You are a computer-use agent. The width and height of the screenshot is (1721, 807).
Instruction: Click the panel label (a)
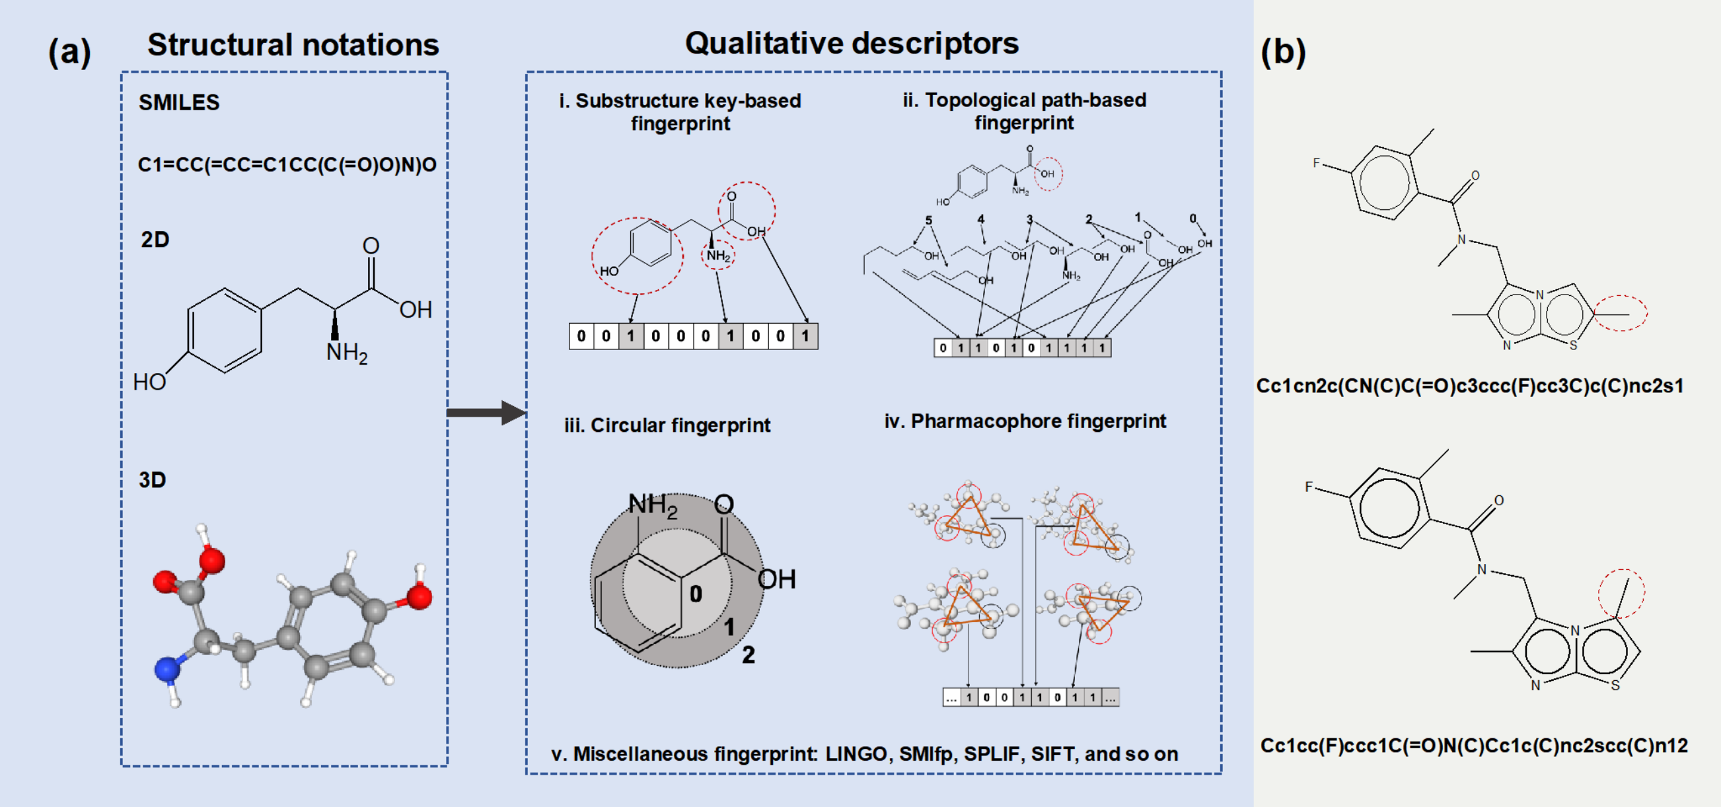point(69,52)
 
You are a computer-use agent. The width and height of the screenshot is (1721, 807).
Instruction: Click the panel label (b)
point(1283,52)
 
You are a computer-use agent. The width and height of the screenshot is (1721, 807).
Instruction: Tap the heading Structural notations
point(293,45)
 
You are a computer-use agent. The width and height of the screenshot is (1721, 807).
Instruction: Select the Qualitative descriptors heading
point(852,44)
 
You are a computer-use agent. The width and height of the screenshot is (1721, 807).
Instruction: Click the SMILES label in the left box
point(179,102)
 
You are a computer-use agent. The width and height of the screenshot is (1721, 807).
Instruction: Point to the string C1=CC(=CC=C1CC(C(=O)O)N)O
point(287,164)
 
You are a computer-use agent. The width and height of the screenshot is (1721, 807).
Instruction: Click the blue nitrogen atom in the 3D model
point(166,669)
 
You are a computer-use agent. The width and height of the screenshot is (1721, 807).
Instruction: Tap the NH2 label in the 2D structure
point(347,352)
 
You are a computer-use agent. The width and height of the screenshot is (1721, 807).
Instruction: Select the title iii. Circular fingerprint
point(667,425)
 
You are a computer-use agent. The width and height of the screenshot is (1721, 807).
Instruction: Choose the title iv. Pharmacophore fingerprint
point(1025,421)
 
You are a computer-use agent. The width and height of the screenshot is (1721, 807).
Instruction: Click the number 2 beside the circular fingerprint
point(749,654)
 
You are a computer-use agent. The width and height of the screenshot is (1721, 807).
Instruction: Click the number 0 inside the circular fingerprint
point(696,593)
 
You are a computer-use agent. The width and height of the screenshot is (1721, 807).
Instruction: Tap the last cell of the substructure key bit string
point(805,336)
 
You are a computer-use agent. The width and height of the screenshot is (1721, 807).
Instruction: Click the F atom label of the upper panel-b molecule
point(1316,162)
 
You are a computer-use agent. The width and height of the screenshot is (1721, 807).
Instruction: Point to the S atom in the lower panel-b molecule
point(1615,685)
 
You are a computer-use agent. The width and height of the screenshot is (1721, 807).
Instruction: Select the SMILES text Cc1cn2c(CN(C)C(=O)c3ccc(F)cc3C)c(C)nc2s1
point(1470,386)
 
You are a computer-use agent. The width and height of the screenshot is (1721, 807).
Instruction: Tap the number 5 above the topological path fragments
point(929,220)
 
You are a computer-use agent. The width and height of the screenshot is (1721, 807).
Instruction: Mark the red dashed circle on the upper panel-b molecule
point(1620,312)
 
